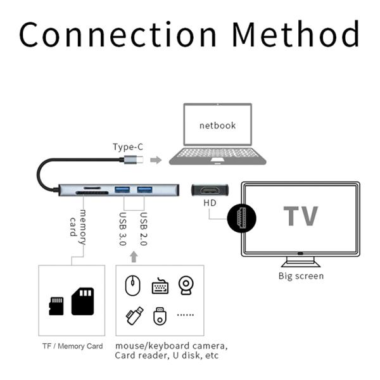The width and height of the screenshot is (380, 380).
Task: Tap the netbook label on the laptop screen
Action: point(217,125)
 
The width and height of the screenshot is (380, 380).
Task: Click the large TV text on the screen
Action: point(300,216)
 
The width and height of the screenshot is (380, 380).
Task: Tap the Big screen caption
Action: point(301,275)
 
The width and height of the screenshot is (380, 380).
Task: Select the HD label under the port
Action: point(210,203)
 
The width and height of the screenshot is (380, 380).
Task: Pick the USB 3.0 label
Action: point(123,229)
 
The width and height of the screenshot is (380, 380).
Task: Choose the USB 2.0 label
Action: point(144,229)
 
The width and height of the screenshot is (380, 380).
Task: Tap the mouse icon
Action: point(132,286)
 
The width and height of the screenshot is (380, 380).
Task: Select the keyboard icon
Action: point(160,286)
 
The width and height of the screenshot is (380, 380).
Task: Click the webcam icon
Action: point(186,285)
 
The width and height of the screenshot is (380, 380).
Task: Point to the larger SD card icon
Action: point(82,301)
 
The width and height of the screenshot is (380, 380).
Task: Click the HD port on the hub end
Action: point(210,190)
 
